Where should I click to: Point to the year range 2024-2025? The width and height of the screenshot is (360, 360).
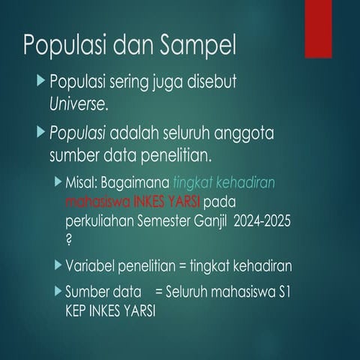264,220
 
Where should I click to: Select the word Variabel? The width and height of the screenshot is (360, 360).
91,265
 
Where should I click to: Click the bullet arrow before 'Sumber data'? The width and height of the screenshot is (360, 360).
58,290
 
